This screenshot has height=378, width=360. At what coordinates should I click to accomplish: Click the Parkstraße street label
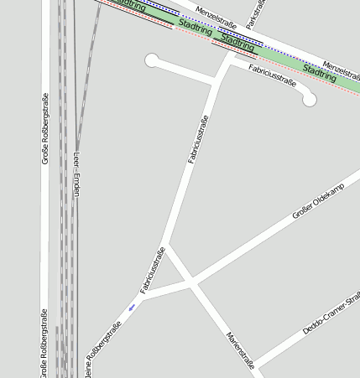pos(256,15)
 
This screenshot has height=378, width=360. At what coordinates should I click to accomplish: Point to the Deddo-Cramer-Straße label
pos(332,313)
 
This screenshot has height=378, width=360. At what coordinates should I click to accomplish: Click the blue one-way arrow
pos(131,308)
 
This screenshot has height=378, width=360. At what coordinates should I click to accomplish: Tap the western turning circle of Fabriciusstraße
pos(152,60)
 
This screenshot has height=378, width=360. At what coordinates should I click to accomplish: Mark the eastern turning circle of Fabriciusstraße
pos(309,100)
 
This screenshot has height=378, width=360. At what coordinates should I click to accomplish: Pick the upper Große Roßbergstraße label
pos(45,128)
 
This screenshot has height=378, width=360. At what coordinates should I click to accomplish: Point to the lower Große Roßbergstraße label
pos(44,344)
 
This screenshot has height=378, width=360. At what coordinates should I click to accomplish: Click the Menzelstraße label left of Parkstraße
pos(213,16)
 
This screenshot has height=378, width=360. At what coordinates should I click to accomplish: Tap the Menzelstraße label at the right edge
pos(341,66)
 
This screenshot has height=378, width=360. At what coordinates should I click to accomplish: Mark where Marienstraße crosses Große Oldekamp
pos(193,285)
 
